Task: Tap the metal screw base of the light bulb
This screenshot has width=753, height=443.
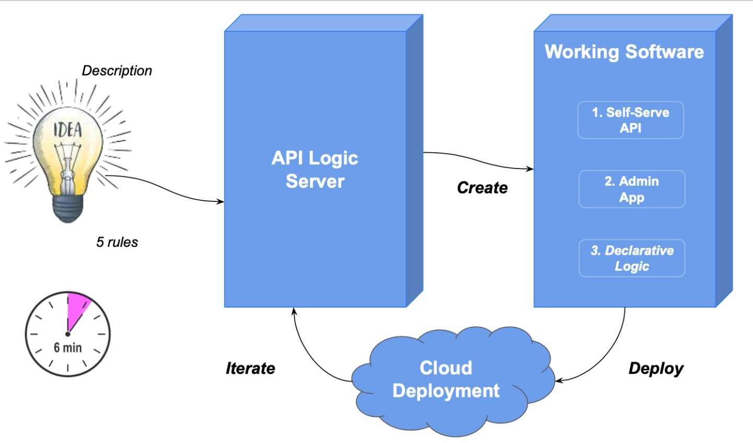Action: click(x=67, y=209)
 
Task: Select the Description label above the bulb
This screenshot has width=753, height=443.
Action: click(x=117, y=71)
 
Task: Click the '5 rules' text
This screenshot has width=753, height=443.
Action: click(x=117, y=242)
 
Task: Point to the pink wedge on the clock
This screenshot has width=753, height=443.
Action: click(x=77, y=309)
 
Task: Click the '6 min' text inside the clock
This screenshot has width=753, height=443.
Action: click(x=68, y=347)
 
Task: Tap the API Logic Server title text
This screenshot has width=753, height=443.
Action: click(x=315, y=169)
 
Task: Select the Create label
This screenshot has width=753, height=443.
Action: click(x=482, y=188)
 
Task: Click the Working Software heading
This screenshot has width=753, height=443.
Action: click(x=624, y=52)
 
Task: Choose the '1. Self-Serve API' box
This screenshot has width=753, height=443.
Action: click(x=631, y=120)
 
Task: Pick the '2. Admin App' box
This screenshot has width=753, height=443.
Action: click(x=632, y=189)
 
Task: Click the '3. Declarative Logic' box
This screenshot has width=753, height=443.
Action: click(x=632, y=258)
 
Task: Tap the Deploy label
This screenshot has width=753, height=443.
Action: click(x=656, y=368)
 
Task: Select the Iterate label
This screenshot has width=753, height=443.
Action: click(x=250, y=368)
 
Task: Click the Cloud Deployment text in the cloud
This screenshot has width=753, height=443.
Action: click(x=446, y=379)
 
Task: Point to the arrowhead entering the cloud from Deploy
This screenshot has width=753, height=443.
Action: click(x=558, y=380)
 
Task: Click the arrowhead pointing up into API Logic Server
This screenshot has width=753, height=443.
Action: click(x=294, y=311)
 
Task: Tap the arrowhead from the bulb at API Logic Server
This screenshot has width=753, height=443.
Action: click(x=221, y=201)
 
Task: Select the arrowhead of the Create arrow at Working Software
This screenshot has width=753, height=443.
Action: click(x=530, y=169)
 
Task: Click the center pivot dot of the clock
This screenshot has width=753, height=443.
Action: click(x=68, y=334)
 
